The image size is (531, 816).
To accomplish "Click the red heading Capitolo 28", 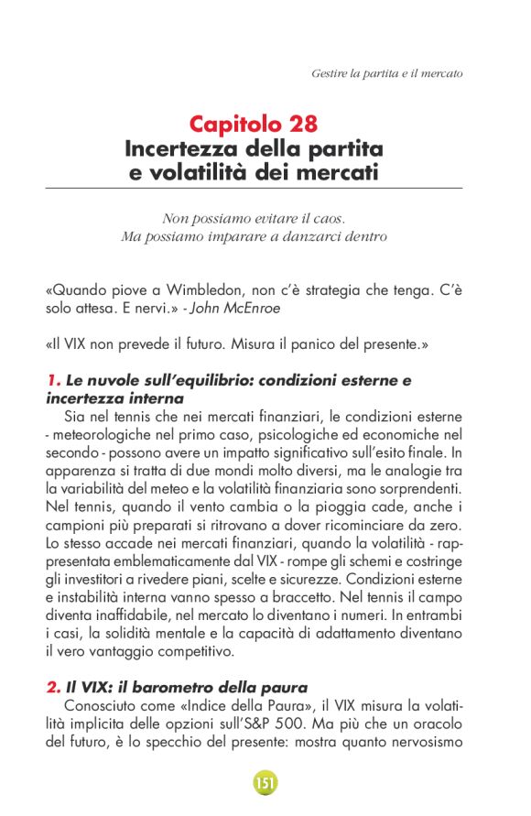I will tap(254, 124).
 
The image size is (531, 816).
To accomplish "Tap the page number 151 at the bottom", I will tap(265, 784).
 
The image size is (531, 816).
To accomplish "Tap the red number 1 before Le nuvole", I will tap(50, 380).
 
